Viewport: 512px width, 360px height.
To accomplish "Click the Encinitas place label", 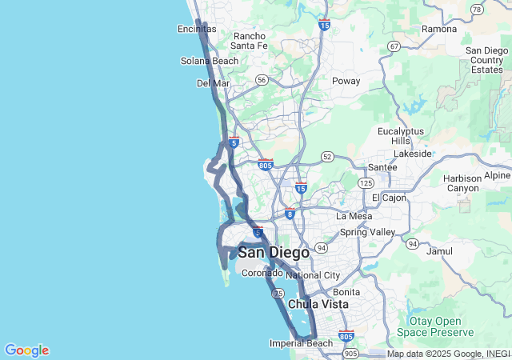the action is (197, 29).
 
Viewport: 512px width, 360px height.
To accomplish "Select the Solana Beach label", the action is (209, 61).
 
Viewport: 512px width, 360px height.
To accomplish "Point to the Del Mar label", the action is (213, 83).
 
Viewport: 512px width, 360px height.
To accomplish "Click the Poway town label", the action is (346, 81).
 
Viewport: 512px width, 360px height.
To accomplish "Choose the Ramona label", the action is (439, 29).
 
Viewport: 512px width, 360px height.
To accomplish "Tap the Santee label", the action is (382, 167).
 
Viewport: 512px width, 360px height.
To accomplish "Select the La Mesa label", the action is (354, 216).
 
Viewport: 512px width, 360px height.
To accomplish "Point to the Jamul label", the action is (440, 250).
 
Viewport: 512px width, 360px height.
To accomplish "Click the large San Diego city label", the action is (274, 253).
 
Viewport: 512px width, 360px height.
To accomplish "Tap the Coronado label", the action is (262, 272).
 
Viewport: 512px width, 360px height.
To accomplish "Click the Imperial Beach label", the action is (301, 344).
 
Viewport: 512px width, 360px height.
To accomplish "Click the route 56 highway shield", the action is (262, 80).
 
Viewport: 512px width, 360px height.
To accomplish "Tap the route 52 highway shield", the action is (327, 156).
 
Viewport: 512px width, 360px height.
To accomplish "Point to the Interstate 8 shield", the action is (290, 214).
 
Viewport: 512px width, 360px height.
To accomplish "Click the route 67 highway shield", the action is (394, 46).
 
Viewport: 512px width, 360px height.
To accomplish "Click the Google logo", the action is (26, 350).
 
